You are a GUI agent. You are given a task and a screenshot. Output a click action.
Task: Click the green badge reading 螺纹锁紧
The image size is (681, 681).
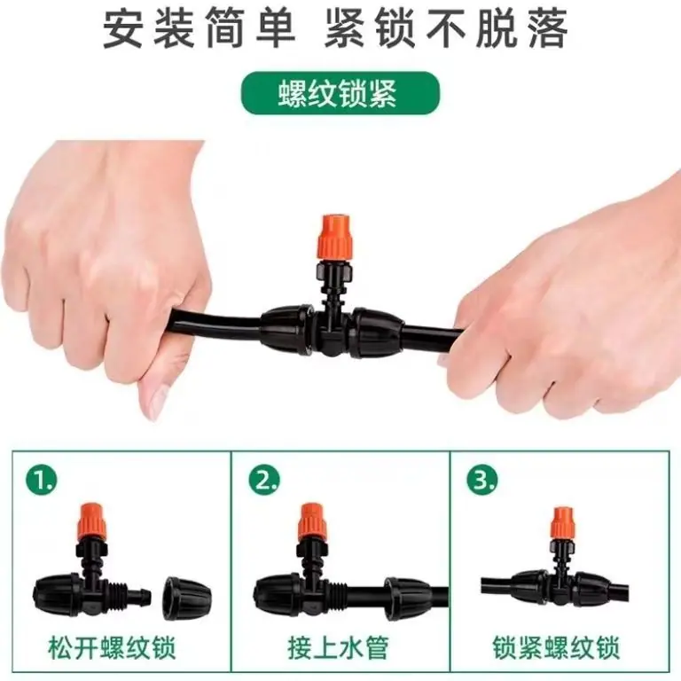click(x=340, y=93)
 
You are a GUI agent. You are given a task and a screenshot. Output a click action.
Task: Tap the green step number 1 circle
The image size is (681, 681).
click(x=42, y=480)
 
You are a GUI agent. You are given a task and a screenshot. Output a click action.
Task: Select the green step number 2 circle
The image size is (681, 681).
click(x=264, y=480)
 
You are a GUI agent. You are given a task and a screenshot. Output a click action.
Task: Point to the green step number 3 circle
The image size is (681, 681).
click(x=482, y=480)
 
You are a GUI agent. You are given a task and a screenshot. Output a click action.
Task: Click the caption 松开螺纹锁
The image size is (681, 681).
click(x=112, y=648)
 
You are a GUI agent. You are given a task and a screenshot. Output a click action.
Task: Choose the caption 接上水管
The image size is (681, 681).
click(x=338, y=648)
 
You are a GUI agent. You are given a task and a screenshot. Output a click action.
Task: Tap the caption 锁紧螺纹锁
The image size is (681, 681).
click(x=557, y=648)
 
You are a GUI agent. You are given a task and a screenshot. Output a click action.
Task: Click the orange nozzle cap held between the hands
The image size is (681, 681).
click(x=335, y=237)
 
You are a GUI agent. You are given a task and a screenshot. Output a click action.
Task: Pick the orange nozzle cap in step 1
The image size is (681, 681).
click(x=93, y=521)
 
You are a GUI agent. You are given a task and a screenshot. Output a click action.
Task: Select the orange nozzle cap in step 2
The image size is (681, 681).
click(x=312, y=522)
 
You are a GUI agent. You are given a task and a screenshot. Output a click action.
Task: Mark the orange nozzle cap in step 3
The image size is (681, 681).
click(x=562, y=524)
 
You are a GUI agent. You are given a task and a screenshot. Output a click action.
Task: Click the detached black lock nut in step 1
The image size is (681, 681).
click(x=187, y=598)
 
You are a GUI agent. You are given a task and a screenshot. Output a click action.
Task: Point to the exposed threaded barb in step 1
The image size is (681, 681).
click(x=128, y=591)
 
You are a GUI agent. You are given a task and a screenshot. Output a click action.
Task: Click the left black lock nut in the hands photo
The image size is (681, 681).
click(x=286, y=330)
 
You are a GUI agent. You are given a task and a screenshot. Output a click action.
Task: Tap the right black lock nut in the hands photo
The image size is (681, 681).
click(x=377, y=333)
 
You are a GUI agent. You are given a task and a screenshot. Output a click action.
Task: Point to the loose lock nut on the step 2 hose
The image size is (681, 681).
click(x=408, y=599)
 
